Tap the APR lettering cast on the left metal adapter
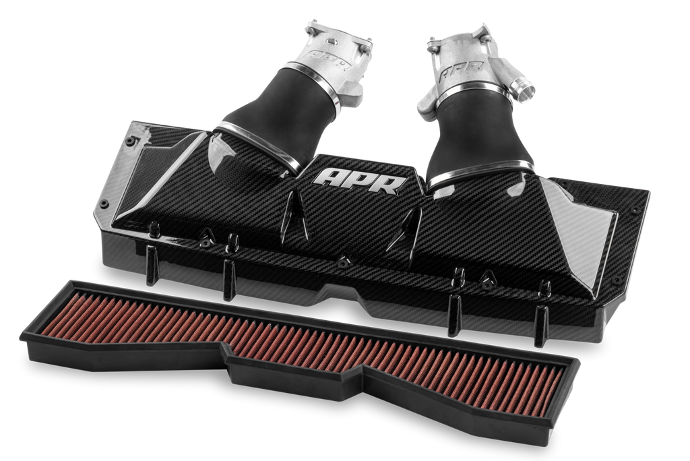click(x=328, y=60)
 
